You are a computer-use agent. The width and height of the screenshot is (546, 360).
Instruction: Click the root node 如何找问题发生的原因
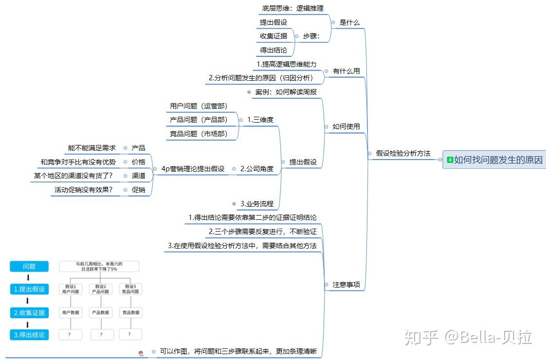pos(498,160)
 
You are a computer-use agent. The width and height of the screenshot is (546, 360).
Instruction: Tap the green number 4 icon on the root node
pos(450,160)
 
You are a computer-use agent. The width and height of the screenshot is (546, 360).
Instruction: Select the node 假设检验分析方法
pos(403,153)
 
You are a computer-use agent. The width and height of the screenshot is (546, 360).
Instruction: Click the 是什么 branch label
pos(349,22)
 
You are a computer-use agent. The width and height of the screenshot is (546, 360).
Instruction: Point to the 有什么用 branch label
pos(346,71)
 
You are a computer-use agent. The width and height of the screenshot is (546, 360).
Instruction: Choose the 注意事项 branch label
pos(346,285)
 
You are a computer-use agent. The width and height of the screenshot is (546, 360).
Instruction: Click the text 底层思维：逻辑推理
pos(292,8)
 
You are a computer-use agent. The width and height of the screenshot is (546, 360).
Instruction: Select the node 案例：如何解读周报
pos(286,92)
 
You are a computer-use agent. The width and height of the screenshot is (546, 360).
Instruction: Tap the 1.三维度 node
pos(260,120)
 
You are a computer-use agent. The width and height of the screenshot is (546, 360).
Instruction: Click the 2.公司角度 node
pos(256,169)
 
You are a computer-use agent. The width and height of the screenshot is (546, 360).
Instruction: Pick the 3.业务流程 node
pos(256,204)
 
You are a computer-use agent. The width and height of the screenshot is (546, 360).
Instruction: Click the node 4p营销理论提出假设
pos(193,169)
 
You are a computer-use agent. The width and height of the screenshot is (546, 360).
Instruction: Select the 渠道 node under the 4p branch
pos(138,176)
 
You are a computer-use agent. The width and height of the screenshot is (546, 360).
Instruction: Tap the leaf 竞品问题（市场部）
pos(198,134)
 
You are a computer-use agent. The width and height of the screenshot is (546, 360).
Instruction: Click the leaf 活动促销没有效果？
pos(84,190)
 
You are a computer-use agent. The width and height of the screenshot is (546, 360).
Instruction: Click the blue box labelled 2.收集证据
pos(29,313)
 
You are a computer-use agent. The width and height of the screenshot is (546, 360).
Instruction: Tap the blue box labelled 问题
pos(29,267)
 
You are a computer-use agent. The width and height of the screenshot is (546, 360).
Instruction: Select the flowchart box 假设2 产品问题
pos(101,289)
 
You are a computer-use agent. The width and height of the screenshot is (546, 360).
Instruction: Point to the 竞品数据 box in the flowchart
pos(130,312)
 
